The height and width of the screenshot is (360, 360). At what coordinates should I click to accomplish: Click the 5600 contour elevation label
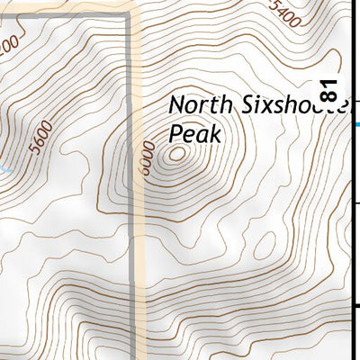(x=40, y=138)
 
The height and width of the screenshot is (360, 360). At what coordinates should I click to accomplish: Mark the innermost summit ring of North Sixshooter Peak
(x=175, y=155)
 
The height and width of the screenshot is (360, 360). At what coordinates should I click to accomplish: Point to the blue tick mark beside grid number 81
(x=357, y=124)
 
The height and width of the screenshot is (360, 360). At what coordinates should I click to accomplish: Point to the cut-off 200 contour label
(x=8, y=42)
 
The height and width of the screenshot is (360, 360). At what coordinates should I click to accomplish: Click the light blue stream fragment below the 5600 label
(x=4, y=168)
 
